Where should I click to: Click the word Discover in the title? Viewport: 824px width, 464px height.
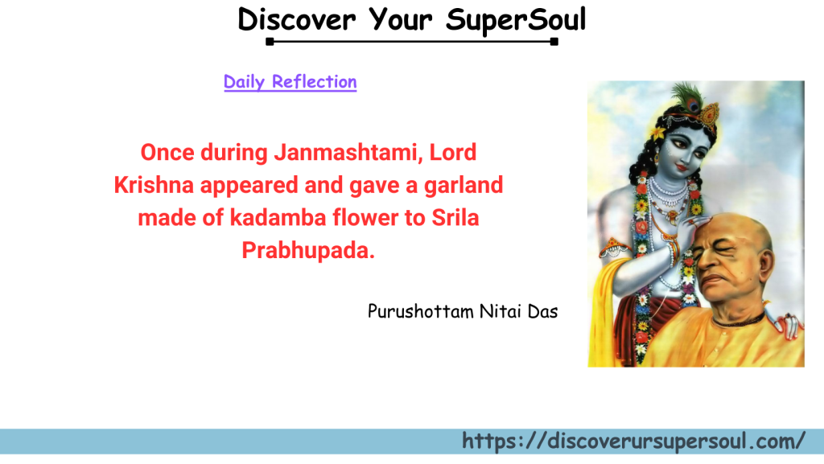point(296,19)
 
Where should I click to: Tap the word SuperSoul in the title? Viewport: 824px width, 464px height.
point(516,21)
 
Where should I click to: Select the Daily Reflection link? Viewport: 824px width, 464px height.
point(290,82)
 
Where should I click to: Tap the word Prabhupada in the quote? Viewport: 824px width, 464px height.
point(308,251)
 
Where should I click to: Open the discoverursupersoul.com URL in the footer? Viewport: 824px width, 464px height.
point(633,441)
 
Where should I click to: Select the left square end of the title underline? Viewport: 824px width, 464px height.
point(270,42)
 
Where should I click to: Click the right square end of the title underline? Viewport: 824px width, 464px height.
point(554,42)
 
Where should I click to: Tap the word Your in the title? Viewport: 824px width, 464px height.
point(401,19)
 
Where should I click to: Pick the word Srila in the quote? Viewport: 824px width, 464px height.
point(455,218)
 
